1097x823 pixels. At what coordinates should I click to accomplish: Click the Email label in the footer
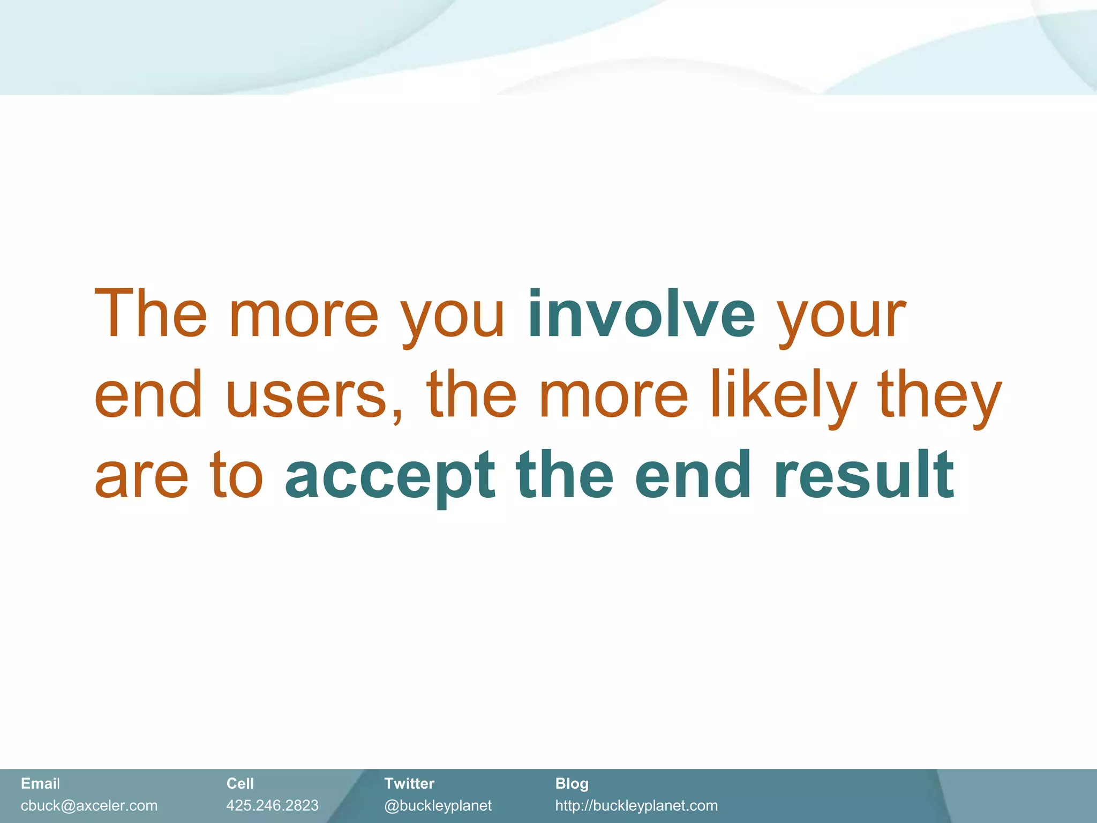(40, 783)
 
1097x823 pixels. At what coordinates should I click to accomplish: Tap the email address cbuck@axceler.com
(89, 805)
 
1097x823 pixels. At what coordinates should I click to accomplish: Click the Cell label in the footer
(239, 783)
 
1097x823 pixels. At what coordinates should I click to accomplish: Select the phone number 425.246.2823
(272, 805)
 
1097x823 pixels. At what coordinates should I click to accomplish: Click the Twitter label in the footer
(409, 783)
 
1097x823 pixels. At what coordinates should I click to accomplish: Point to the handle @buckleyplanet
(438, 806)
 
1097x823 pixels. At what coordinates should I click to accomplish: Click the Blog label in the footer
(572, 784)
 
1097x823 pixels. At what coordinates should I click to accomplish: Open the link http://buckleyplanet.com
(636, 806)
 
